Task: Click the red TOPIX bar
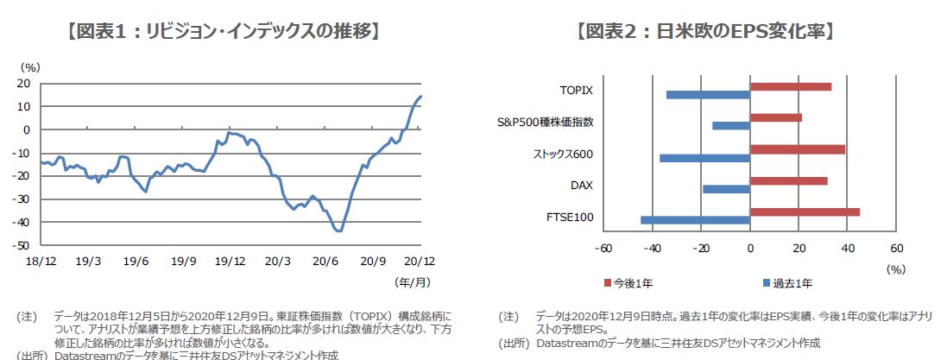(791, 86)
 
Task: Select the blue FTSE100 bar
(695, 220)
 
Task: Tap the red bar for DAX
(788, 181)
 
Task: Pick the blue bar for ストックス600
(704, 158)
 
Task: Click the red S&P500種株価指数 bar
(776, 117)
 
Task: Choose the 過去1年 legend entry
(786, 282)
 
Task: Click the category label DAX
(581, 185)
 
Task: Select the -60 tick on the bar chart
(604, 249)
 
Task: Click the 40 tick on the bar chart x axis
(847, 249)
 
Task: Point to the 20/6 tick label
(325, 260)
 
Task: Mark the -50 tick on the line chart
(23, 245)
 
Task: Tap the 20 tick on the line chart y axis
(25, 84)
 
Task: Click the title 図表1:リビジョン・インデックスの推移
(223, 32)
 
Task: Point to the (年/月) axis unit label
(411, 281)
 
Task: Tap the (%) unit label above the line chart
(31, 66)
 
